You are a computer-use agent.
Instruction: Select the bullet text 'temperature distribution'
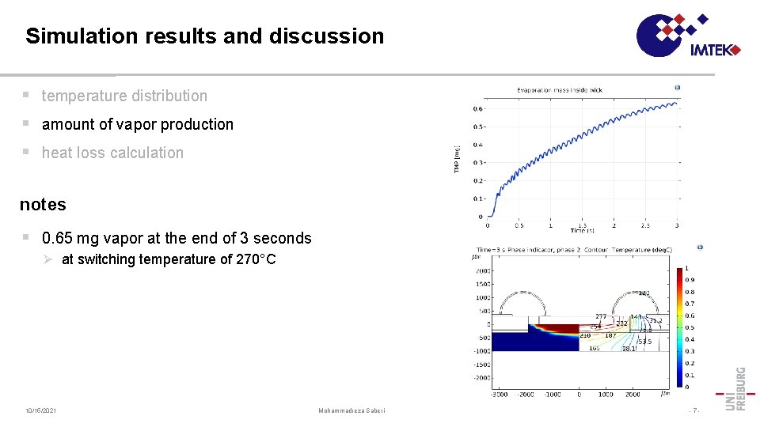[124, 96]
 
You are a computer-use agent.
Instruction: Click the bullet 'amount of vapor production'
[137, 124]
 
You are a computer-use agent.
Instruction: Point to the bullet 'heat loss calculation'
[112, 153]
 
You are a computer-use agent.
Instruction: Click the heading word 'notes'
[43, 204]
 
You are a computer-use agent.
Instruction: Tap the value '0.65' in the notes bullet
[59, 238]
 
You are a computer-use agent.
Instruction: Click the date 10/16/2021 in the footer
[40, 410]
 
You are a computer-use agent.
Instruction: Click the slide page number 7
[693, 410]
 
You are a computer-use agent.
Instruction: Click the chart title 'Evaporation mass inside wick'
[560, 90]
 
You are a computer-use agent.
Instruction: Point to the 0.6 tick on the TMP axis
[479, 109]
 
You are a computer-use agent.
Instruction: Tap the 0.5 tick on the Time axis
[519, 225]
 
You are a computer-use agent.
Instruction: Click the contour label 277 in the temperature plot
[601, 317]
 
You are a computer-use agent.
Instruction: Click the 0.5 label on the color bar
[690, 327]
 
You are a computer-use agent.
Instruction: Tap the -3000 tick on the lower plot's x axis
[499, 394]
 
